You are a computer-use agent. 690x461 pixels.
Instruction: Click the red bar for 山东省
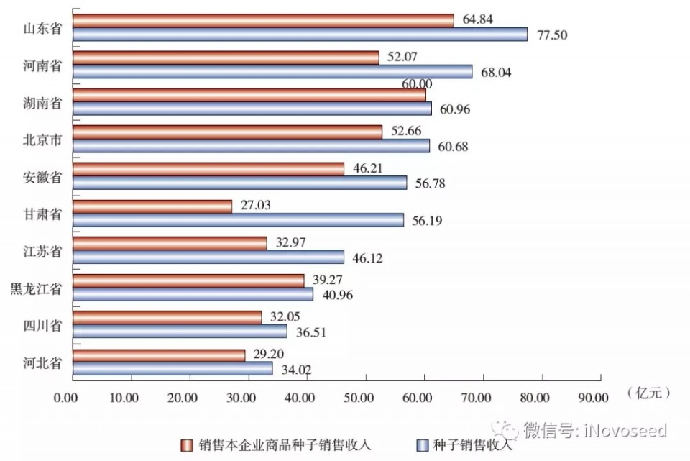[263, 20]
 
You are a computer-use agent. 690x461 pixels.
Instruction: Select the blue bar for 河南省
[272, 71]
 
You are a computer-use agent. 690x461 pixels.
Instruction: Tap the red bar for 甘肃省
[152, 206]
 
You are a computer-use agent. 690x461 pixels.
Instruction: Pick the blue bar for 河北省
[172, 368]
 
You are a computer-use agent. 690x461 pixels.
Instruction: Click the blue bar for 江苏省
[208, 257]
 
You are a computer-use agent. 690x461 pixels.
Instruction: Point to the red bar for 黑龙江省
[188, 280]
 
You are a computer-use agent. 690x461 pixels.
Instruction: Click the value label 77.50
[550, 34]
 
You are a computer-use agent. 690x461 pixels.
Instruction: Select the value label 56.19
[427, 221]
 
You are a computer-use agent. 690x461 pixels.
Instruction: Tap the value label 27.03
[256, 206]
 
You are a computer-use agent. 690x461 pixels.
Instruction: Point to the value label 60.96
[454, 109]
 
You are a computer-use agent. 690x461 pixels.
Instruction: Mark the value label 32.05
[285, 316]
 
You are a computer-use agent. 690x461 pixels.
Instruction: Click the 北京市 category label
[42, 140]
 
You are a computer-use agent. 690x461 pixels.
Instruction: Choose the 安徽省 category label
[42, 177]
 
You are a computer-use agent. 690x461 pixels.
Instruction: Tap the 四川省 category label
[42, 326]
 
